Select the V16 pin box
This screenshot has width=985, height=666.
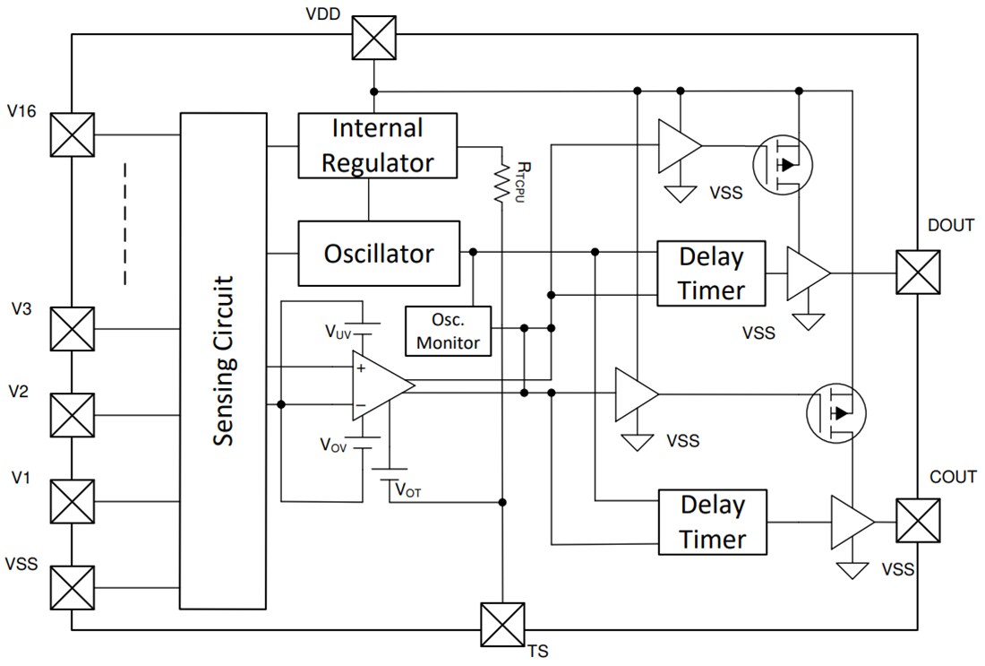(73, 135)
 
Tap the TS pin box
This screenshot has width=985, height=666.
(502, 625)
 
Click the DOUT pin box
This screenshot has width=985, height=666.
(918, 272)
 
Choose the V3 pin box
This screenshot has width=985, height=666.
(73, 329)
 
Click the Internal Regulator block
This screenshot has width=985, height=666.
(377, 145)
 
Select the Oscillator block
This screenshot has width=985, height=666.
(377, 254)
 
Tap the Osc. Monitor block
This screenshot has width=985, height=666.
(449, 331)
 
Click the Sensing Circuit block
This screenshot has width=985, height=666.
(224, 360)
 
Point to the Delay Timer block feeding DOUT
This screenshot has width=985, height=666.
(711, 273)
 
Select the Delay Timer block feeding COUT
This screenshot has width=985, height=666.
(712, 523)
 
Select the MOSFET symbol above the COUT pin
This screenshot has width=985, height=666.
(838, 413)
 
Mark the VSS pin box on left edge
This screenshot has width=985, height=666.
(73, 588)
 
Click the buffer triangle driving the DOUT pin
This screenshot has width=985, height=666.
(807, 273)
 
